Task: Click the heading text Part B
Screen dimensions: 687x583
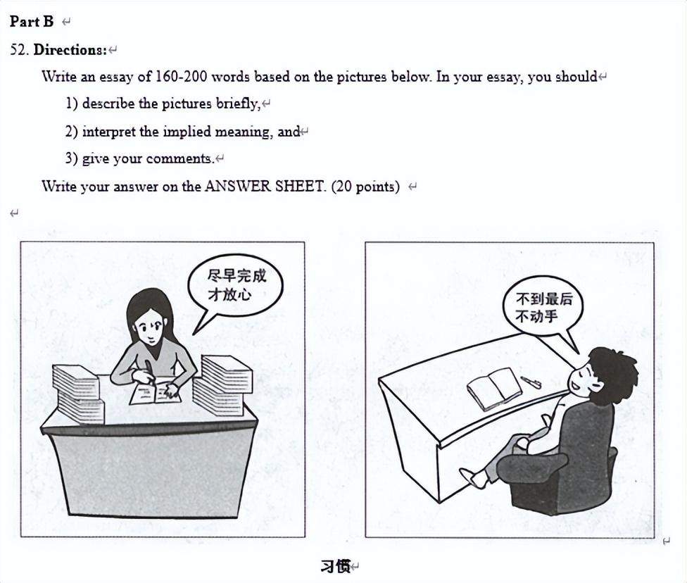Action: click(32, 21)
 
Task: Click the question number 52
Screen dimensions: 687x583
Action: click(19, 49)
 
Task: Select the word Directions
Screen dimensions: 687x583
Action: click(70, 49)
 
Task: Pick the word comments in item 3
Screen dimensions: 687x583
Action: click(179, 158)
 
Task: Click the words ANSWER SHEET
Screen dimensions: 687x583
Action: click(265, 187)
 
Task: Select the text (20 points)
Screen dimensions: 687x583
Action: click(366, 187)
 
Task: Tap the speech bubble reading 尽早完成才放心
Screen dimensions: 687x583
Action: click(236, 285)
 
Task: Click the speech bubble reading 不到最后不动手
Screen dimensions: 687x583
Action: click(543, 307)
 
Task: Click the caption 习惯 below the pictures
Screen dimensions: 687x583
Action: click(336, 566)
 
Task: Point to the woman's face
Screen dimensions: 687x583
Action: click(150, 326)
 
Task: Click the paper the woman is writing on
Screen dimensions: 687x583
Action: click(155, 393)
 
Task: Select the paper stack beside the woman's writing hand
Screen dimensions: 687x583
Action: click(78, 394)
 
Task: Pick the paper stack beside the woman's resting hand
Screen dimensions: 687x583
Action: click(222, 386)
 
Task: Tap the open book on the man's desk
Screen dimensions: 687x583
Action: click(495, 389)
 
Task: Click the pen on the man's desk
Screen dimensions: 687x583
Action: click(531, 382)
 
